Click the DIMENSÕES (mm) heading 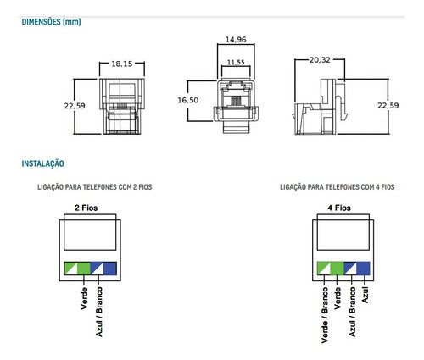coord(51,23)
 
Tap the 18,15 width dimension coord(122,64)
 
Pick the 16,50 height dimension coord(187,100)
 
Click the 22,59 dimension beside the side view coord(387,106)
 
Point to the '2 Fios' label coord(88,208)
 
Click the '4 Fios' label coord(340,208)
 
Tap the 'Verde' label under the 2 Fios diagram coord(84,301)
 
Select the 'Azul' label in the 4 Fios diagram coord(365,296)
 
